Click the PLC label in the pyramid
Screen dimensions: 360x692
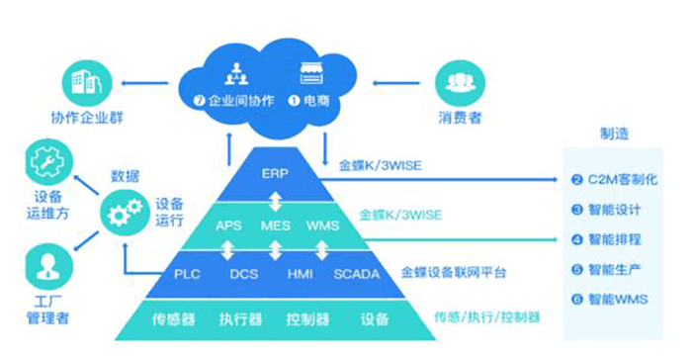tap(187, 274)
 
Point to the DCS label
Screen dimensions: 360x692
tap(244, 274)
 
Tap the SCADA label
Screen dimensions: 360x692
tap(357, 274)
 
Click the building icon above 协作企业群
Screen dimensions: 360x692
tap(85, 82)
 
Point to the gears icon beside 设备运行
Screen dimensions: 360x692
tap(124, 210)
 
